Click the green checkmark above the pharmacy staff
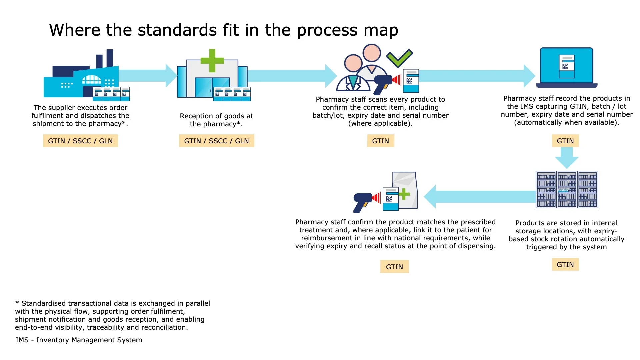pyautogui.click(x=399, y=58)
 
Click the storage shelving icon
pyautogui.click(x=567, y=189)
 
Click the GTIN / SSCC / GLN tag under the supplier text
pyautogui.click(x=80, y=141)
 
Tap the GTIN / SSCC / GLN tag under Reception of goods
pyautogui.click(x=216, y=141)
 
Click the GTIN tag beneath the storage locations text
pyautogui.click(x=565, y=265)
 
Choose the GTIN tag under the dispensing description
pyautogui.click(x=394, y=267)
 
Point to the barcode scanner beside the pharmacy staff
pyautogui.click(x=384, y=84)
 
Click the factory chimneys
pyautogui.click(x=105, y=59)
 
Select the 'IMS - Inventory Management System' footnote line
pyautogui.click(x=79, y=340)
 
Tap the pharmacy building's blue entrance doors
pyautogui.click(x=212, y=87)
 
